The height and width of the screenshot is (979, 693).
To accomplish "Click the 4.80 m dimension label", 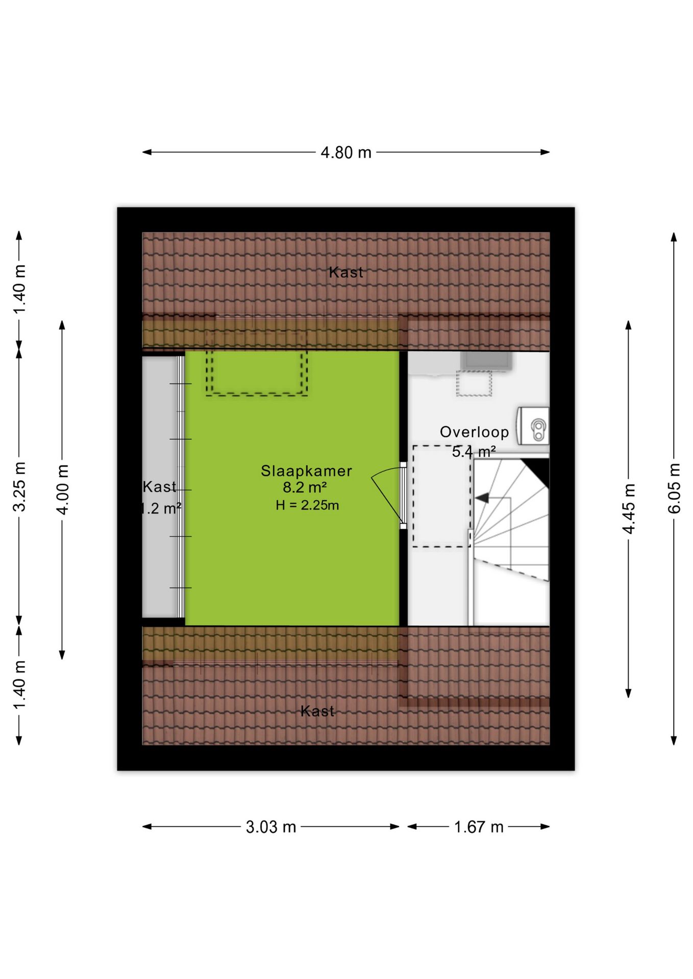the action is pyautogui.click(x=346, y=152).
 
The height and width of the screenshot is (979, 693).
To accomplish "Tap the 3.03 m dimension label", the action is pyautogui.click(x=271, y=827).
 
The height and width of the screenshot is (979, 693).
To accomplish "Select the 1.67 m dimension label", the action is pyautogui.click(x=479, y=827).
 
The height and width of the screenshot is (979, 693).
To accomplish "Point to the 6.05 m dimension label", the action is pyautogui.click(x=674, y=488).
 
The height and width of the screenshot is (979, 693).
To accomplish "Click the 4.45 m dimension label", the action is pyautogui.click(x=629, y=509).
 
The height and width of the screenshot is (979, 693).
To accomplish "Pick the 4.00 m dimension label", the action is pyautogui.click(x=62, y=489).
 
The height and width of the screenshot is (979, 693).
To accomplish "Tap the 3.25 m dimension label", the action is pyautogui.click(x=19, y=486).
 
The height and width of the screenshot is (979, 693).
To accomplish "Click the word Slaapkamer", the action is pyautogui.click(x=307, y=471).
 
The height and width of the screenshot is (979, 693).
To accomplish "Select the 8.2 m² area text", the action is pyautogui.click(x=305, y=487).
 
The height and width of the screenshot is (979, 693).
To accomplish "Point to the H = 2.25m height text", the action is pyautogui.click(x=307, y=505).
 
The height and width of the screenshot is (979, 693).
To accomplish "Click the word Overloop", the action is pyautogui.click(x=475, y=432).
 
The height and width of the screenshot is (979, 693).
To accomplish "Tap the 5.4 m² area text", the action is pyautogui.click(x=474, y=451).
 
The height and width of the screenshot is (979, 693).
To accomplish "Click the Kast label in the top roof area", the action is pyautogui.click(x=346, y=272).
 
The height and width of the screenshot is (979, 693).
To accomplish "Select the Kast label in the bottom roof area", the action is pyautogui.click(x=317, y=711).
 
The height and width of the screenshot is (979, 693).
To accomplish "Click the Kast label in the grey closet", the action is pyautogui.click(x=160, y=487).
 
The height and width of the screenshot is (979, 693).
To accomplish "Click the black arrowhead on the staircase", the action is pyautogui.click(x=482, y=498).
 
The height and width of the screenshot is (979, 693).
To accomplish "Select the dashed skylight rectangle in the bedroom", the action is pyautogui.click(x=257, y=373).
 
